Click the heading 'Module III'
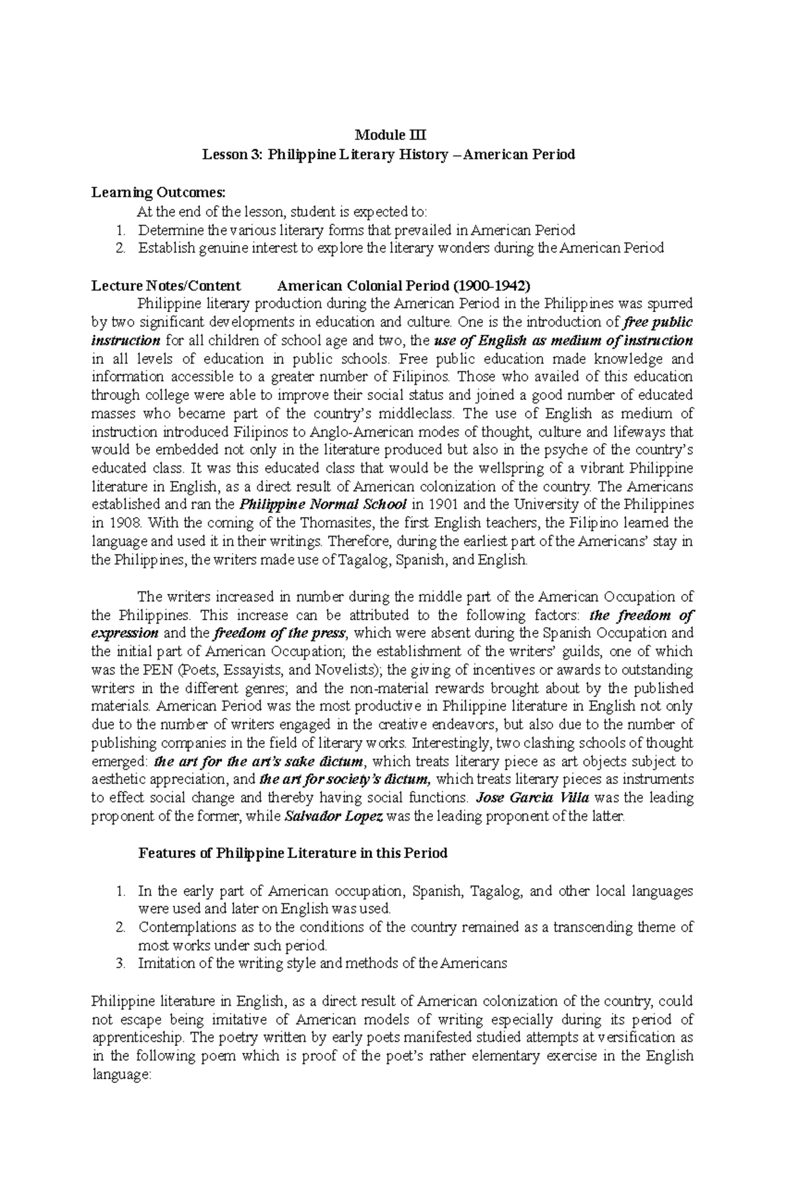(x=390, y=136)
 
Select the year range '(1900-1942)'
(x=494, y=286)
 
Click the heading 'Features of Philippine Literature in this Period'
(x=292, y=854)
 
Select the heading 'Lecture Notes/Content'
(x=166, y=286)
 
